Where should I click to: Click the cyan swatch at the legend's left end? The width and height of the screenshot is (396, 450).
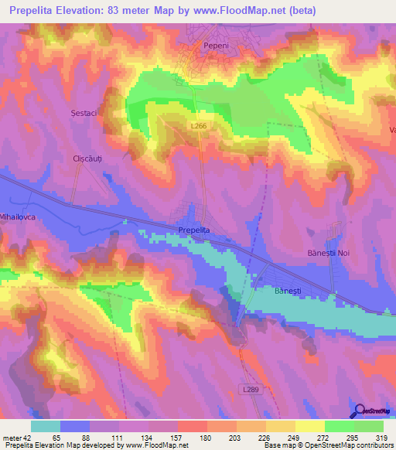click(x=46, y=427)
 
